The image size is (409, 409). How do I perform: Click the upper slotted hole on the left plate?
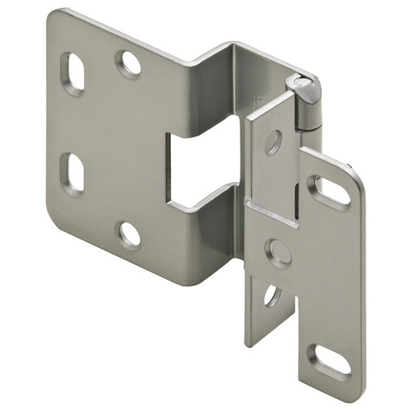click(x=73, y=74)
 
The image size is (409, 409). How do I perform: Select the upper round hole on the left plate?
click(x=128, y=64)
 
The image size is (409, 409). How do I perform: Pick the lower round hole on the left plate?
click(x=129, y=234)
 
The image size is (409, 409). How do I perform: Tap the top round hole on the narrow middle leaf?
click(x=272, y=143)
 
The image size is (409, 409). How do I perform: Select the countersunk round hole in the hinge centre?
click(x=279, y=252)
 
